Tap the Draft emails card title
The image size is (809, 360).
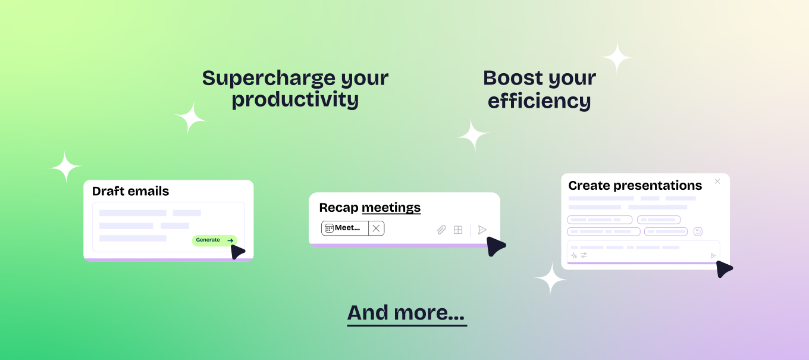point(130,191)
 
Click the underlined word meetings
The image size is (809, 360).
point(391,208)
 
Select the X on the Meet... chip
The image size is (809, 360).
point(376,228)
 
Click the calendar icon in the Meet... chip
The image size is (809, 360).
point(329,228)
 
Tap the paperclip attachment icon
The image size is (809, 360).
point(441,230)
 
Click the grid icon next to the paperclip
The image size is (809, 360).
point(458,230)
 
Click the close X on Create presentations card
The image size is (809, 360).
point(717,181)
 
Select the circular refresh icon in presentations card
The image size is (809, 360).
point(698,231)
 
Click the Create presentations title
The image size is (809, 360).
point(635,186)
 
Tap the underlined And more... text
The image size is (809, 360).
point(407,314)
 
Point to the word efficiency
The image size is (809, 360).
point(539,101)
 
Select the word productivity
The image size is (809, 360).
point(295,100)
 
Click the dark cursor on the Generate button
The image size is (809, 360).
point(237,252)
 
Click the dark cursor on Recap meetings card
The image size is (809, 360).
point(495,246)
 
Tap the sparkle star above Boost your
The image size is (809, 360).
point(617,58)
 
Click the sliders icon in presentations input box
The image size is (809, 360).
point(584,255)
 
